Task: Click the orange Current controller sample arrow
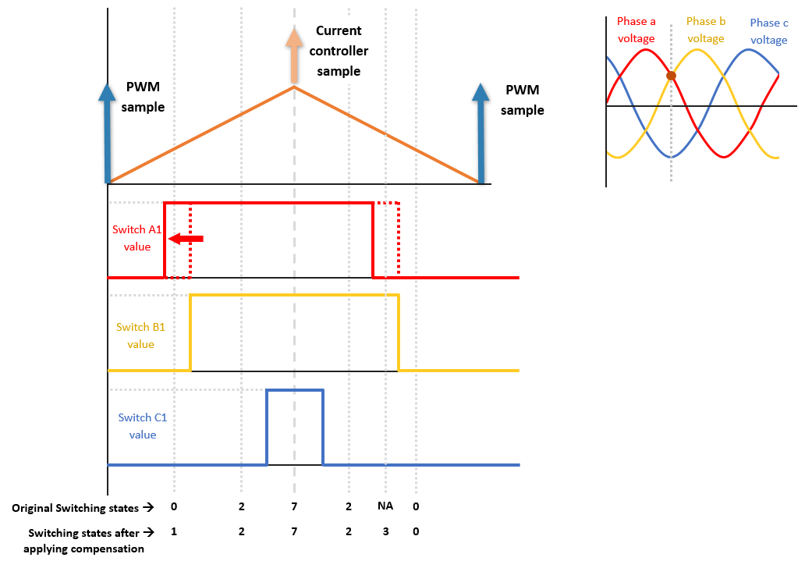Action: coord(293,55)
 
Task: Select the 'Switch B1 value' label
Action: coord(135,336)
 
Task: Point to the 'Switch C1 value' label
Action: coord(142,426)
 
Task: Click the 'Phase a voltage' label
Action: coord(636,30)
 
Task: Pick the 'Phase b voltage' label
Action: coord(706,30)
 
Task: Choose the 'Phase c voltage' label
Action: coord(768,31)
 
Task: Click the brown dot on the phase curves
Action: coord(671,76)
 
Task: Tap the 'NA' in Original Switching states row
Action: coord(385,506)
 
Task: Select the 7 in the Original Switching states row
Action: coord(294,507)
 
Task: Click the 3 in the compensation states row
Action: coord(385,532)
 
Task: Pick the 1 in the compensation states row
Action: coord(174,532)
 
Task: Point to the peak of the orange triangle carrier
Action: coord(294,87)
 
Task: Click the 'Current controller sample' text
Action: coord(339,51)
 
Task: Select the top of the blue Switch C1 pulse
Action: coord(295,390)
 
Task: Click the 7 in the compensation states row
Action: coord(294,532)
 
